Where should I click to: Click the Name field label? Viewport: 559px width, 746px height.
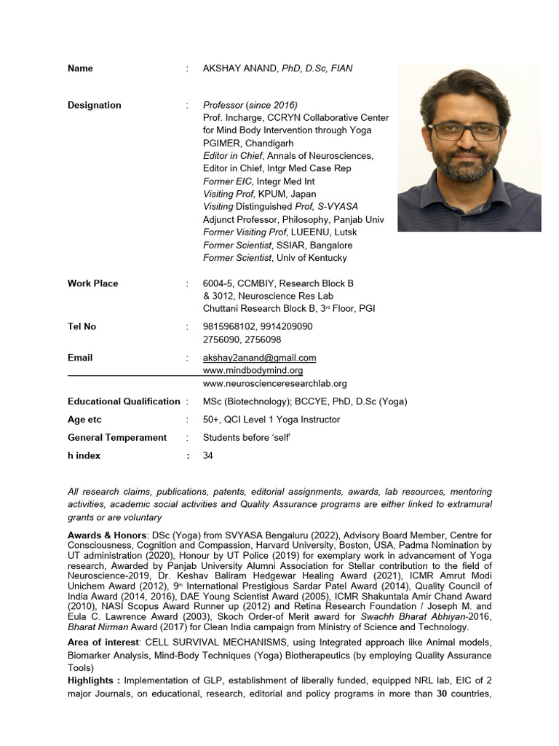tap(80, 68)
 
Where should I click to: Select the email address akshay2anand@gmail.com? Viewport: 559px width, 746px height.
tap(259, 358)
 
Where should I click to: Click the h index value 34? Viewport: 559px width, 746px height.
tap(208, 455)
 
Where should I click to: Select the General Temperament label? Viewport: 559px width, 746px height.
tap(117, 437)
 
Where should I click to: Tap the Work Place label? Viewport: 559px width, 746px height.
tap(92, 283)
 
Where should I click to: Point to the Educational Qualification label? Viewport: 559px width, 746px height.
tap(124, 401)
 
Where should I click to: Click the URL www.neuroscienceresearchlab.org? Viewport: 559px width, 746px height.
tap(274, 383)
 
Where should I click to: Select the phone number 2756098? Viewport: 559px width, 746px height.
tap(265, 339)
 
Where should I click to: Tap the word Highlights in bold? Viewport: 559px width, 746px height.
tap(93, 680)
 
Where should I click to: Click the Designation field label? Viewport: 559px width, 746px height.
tap(95, 105)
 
